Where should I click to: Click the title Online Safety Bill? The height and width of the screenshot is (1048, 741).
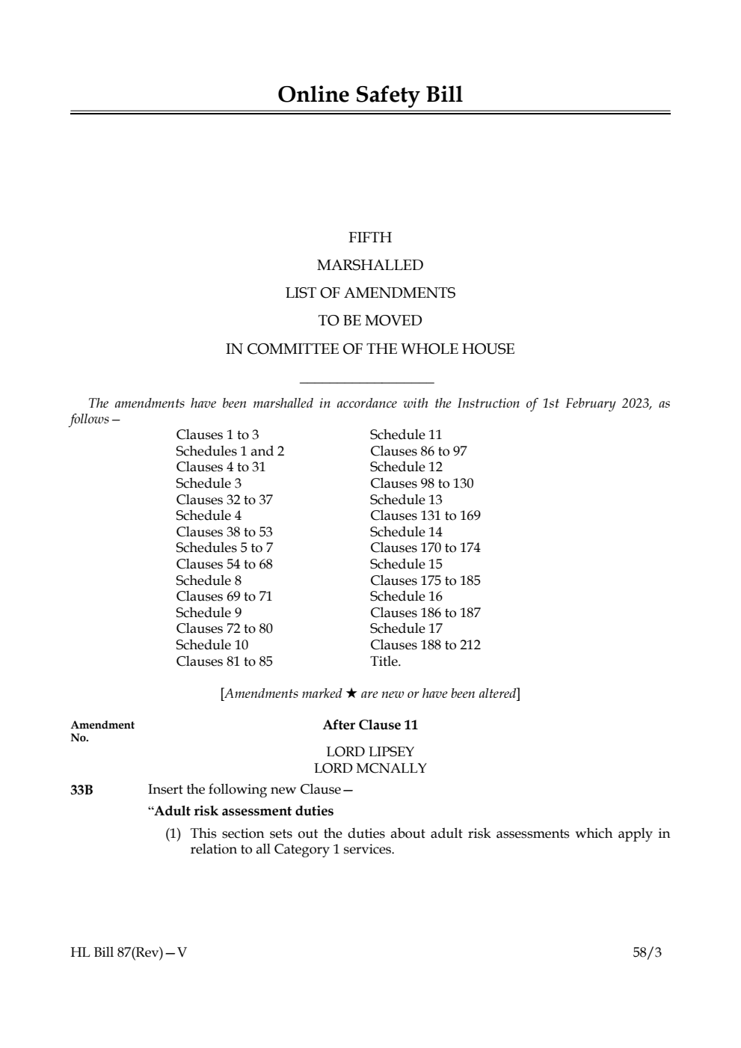[x=370, y=95]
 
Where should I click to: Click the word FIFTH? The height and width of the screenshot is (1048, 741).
[x=370, y=238]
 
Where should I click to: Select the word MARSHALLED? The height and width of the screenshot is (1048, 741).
[x=370, y=266]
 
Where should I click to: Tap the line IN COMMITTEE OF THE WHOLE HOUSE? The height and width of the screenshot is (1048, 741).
[x=370, y=349]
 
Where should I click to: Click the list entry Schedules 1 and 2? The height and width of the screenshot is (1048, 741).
[x=230, y=451]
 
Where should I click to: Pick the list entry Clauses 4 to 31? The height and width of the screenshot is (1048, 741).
[x=221, y=467]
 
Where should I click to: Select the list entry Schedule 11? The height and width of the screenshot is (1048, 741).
[x=406, y=435]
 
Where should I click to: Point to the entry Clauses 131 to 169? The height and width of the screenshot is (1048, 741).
[x=425, y=515]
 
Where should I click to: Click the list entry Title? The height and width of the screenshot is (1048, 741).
[x=385, y=661]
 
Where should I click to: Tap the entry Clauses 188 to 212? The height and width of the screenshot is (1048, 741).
[x=425, y=645]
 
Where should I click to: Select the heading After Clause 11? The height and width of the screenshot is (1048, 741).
[x=370, y=725]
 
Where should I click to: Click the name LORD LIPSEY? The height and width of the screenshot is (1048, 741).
[x=370, y=752]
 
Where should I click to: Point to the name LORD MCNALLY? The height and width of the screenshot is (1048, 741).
[x=370, y=768]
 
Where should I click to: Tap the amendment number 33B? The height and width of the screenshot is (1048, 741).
[x=82, y=790]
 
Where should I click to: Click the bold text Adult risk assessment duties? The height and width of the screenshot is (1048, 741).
[x=244, y=811]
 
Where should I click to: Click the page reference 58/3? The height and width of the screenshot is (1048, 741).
[x=647, y=953]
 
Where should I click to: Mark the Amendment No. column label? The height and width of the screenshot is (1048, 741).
[x=102, y=731]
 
